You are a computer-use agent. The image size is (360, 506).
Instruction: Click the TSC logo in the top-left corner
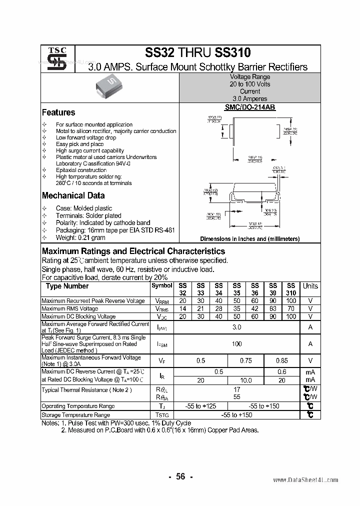pyautogui.click(x=56, y=59)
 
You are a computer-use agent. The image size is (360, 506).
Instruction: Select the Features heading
pyautogui.click(x=58, y=112)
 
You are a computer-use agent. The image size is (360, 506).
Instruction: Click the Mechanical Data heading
pyautogui.click(x=73, y=195)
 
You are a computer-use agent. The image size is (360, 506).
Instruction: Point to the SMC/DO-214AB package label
pyautogui.click(x=250, y=107)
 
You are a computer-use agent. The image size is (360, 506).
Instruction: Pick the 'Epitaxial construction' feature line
pyautogui.click(x=81, y=170)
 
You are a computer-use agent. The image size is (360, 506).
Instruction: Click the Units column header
pyautogui.click(x=310, y=286)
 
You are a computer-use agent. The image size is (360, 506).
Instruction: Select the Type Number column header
pyautogui.click(x=67, y=286)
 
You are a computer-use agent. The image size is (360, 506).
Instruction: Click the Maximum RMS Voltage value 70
pyautogui.click(x=291, y=309)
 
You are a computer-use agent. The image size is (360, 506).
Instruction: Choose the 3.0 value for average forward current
pyautogui.click(x=237, y=327)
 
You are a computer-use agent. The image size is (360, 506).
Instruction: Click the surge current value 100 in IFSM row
pyautogui.click(x=237, y=344)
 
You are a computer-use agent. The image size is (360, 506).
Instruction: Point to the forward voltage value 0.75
pyautogui.click(x=246, y=360)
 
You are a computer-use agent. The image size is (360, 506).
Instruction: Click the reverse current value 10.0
pyautogui.click(x=246, y=380)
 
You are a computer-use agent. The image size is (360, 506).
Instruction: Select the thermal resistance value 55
pyautogui.click(x=237, y=396)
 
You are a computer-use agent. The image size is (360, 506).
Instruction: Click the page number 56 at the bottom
pyautogui.click(x=180, y=476)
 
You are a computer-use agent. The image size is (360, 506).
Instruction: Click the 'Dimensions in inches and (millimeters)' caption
pyautogui.click(x=250, y=239)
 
